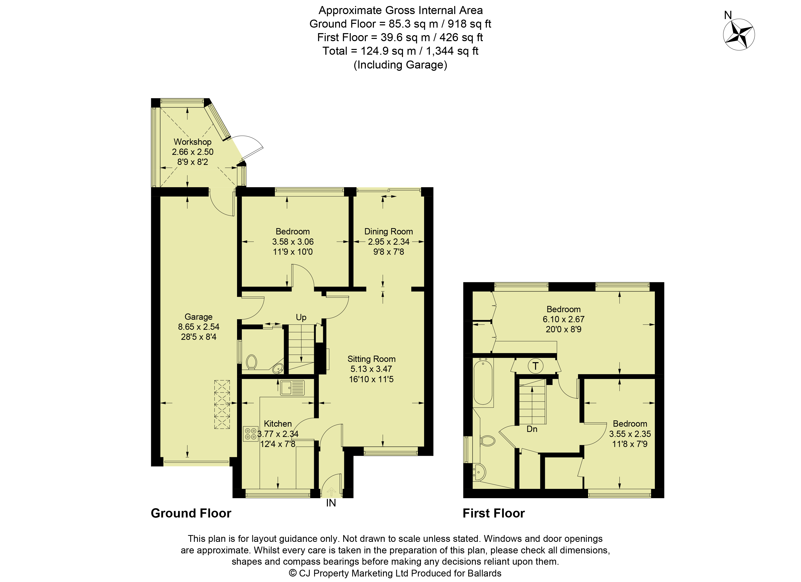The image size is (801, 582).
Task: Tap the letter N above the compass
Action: click(728, 15)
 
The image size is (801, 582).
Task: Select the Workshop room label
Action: click(193, 142)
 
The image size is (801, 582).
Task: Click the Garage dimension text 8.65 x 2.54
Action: click(198, 327)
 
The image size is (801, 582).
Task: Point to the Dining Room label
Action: click(388, 232)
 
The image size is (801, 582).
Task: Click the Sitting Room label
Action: click(371, 359)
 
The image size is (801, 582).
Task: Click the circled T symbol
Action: click(535, 366)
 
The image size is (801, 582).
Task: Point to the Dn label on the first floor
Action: click(532, 429)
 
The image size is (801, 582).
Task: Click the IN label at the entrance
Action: click(331, 503)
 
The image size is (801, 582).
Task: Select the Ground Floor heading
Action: click(191, 513)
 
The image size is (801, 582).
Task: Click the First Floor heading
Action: click(494, 513)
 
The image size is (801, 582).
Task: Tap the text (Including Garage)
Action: click(401, 65)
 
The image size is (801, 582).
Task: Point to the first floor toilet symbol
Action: click(488, 440)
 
